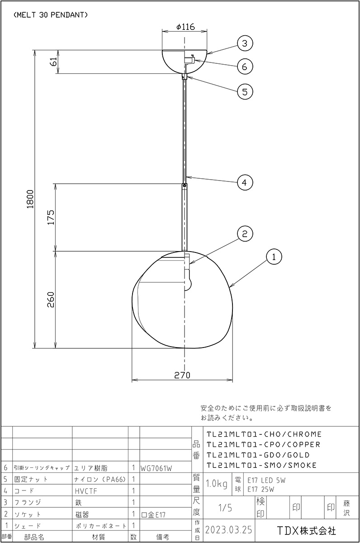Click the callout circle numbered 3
tap(245, 43)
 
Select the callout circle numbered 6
tap(245, 67)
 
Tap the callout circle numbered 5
tap(245, 92)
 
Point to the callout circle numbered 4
tap(245, 182)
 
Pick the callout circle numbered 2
tap(245, 234)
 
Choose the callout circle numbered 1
tap(274, 257)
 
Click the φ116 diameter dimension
tap(185, 27)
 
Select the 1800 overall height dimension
tap(30, 199)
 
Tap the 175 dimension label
tap(51, 218)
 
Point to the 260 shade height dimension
tap(51, 300)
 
